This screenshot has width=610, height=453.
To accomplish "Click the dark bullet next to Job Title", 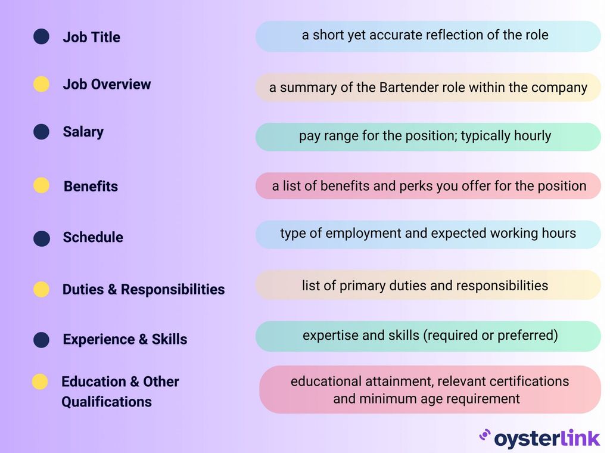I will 41,37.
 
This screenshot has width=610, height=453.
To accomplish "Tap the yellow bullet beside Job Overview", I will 41,85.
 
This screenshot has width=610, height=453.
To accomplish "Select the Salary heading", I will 83,132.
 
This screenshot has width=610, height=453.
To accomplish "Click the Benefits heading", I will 91,186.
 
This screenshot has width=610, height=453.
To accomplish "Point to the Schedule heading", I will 93,237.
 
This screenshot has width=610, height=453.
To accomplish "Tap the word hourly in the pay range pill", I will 530,136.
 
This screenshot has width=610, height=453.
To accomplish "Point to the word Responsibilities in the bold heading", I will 173,290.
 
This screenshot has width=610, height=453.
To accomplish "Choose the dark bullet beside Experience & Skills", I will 41,340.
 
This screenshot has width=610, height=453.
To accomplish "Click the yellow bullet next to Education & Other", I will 40,381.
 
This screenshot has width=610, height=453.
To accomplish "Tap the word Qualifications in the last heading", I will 107,402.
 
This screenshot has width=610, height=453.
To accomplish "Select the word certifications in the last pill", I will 527,381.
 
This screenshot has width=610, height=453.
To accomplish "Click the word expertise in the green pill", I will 329,336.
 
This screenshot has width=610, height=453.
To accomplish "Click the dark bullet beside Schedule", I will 41,238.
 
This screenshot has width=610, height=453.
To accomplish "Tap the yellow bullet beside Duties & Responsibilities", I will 41,290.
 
